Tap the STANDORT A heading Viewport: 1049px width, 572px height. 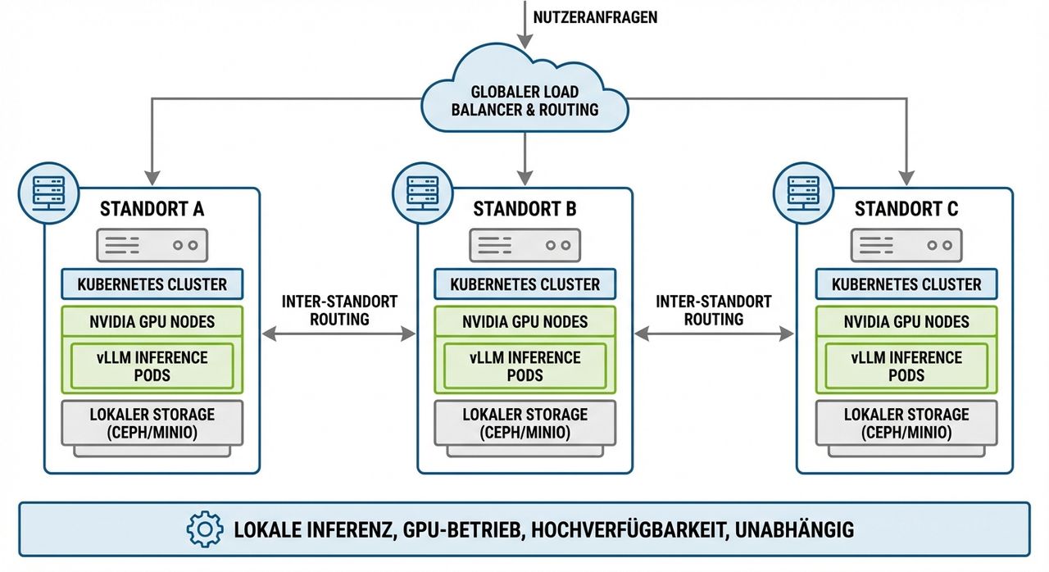(152, 209)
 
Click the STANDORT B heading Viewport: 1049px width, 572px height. (524, 209)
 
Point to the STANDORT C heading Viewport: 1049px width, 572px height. (906, 209)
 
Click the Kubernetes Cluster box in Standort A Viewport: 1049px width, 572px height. (152, 284)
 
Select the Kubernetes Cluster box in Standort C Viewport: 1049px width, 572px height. (906, 284)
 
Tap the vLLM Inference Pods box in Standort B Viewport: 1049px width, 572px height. (524, 366)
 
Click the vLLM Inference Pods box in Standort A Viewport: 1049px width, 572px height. (152, 366)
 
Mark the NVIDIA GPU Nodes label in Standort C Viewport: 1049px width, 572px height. (906, 322)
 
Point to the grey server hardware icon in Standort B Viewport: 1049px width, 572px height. (524, 244)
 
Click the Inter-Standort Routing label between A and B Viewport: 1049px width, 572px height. (339, 310)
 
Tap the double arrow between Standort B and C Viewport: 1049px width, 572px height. (714, 334)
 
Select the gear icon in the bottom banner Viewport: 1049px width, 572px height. (205, 529)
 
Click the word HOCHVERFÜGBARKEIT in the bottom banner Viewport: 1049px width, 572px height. (627, 529)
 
